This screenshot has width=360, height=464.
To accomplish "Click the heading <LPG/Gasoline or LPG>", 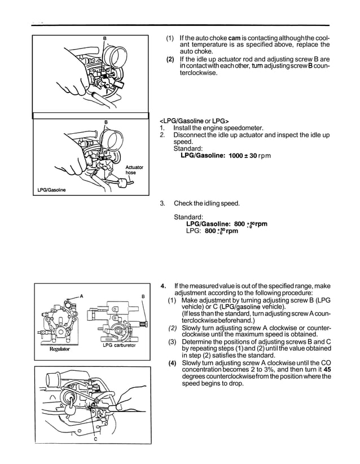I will [191, 121].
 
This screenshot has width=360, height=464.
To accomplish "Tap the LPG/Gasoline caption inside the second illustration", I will [51, 190].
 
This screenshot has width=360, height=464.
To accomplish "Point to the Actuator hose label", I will [134, 170].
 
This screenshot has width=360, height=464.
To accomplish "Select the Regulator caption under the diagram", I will [59, 349].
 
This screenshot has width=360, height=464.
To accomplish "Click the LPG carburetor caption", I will [120, 345].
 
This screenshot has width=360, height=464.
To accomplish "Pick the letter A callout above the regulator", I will [81, 296].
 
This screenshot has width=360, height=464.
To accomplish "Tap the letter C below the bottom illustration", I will [95, 438].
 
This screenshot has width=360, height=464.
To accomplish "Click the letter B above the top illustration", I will [104, 38].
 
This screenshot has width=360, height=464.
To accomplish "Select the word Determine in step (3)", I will [201, 342].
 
